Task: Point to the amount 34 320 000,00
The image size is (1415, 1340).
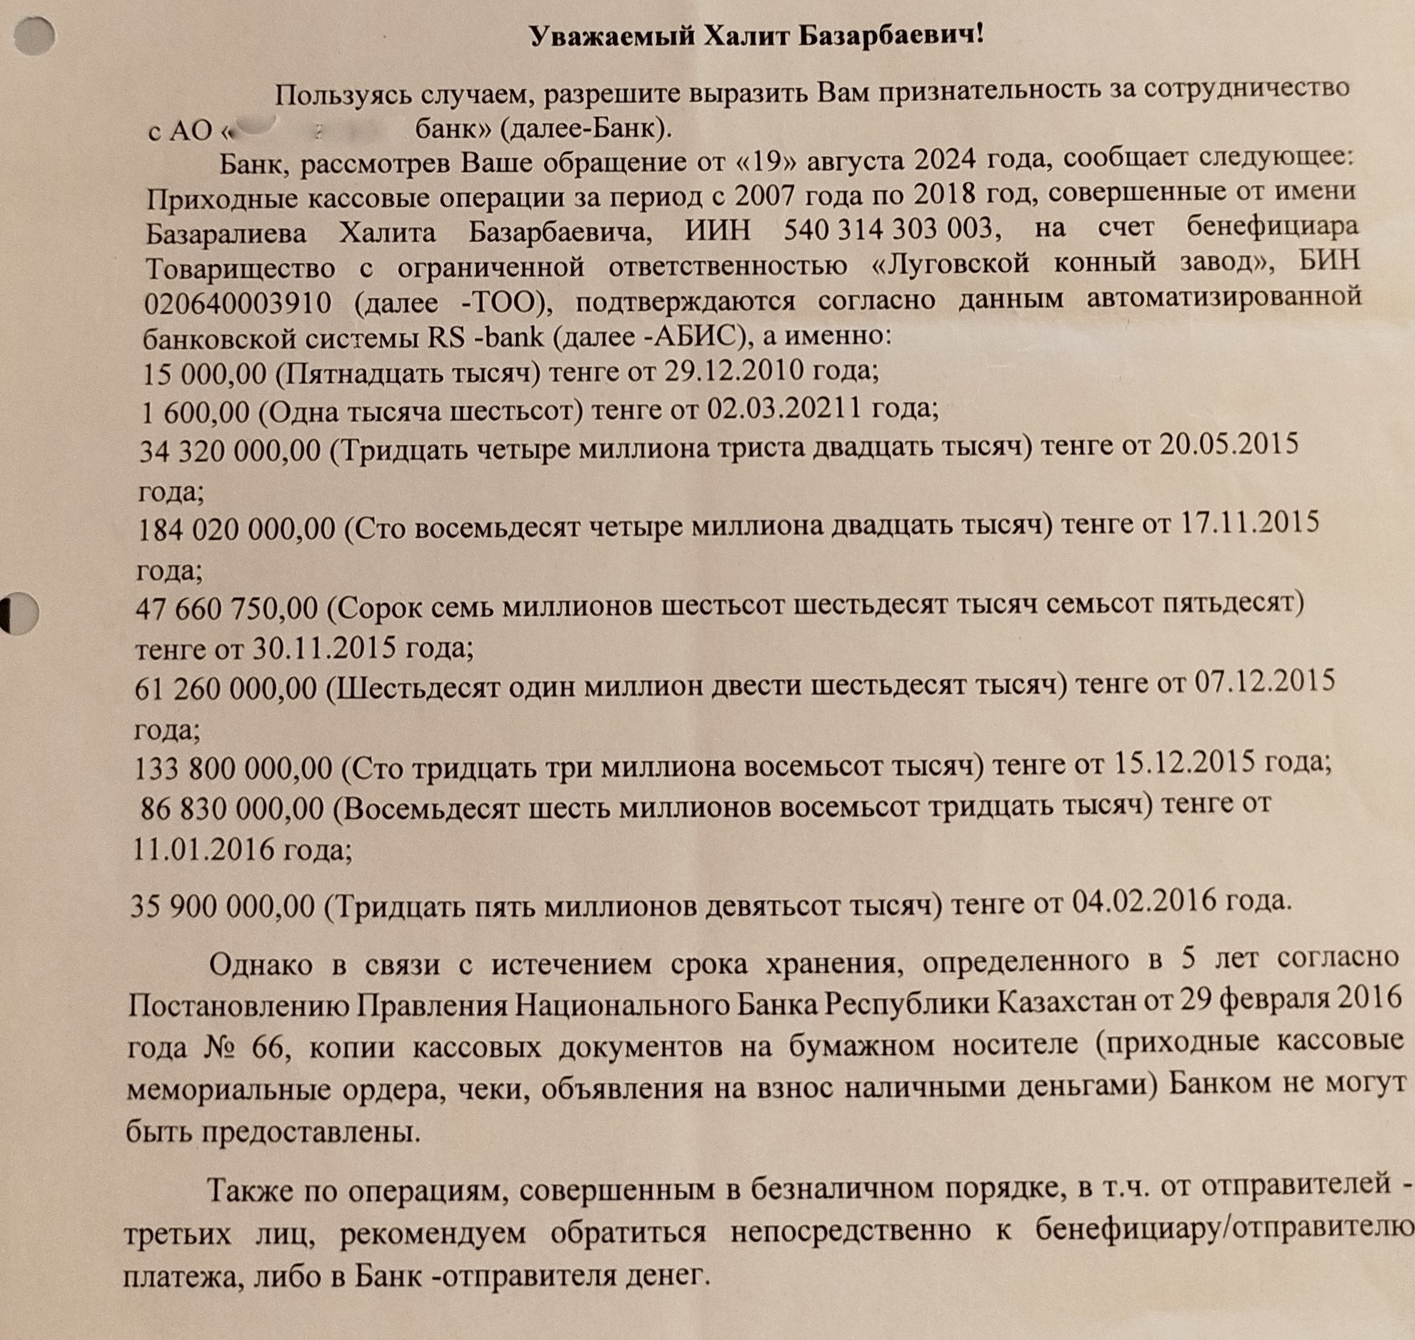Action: pyautogui.click(x=229, y=451)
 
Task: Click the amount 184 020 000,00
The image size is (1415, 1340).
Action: pyautogui.click(x=235, y=529)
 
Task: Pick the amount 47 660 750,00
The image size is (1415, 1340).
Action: pyautogui.click(x=227, y=609)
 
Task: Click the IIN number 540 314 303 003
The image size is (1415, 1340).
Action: pyautogui.click(x=888, y=229)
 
